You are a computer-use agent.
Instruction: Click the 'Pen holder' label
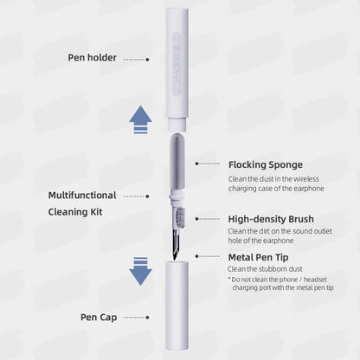click(x=92, y=58)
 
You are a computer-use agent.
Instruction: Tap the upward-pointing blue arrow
click(x=140, y=119)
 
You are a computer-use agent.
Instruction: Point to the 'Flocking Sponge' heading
click(x=265, y=164)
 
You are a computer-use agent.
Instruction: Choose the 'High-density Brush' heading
click(x=271, y=219)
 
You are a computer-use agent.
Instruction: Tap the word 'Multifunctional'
click(x=90, y=195)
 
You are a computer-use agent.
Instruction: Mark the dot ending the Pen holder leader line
click(x=147, y=59)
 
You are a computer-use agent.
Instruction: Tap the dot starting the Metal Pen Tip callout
click(x=197, y=257)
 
